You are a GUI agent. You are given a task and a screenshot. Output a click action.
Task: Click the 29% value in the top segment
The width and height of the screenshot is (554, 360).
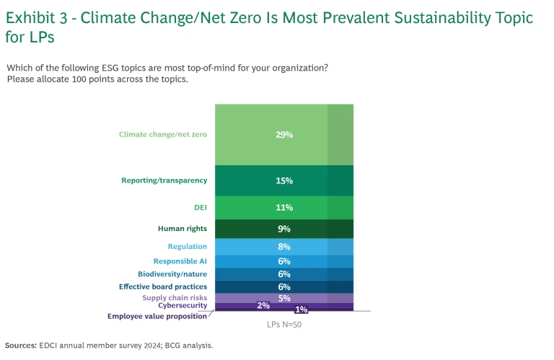[283, 134]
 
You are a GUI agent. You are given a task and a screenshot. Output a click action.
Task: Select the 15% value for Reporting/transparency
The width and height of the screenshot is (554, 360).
[283, 180]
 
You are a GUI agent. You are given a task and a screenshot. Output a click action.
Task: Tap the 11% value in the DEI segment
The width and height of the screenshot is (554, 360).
[283, 208]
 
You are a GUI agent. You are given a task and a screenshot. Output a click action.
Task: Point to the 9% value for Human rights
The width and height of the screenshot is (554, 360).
[283, 229]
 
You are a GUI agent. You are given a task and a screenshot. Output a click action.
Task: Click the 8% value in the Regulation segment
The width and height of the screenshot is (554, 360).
[283, 247]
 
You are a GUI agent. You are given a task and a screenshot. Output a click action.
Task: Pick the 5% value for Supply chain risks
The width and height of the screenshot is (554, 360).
[283, 298]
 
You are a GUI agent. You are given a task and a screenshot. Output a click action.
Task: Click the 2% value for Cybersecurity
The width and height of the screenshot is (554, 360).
[263, 305]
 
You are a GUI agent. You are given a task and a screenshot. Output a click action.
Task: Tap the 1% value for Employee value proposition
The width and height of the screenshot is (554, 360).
[301, 310]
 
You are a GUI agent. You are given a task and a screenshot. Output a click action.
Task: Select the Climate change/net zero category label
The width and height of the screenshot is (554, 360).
[163, 134]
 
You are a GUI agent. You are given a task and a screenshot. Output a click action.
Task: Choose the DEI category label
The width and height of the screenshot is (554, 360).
[200, 208]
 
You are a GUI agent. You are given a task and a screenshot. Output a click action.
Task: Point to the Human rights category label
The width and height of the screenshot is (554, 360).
[183, 229]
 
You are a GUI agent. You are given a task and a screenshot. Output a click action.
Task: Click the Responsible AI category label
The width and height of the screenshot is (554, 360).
[180, 261]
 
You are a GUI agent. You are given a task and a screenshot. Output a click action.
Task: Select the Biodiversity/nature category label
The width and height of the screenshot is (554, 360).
[172, 274]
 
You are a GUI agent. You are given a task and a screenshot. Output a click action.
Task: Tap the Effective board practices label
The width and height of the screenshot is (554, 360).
[163, 286]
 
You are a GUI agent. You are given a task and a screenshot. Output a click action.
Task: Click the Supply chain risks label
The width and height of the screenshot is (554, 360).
[175, 298]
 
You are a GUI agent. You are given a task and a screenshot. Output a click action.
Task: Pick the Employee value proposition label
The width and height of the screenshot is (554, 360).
[157, 316]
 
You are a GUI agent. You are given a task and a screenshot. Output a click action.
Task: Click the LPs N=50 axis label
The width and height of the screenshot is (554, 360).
[283, 325]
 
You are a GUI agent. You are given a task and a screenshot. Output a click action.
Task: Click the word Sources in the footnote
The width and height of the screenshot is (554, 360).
[21, 346]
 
